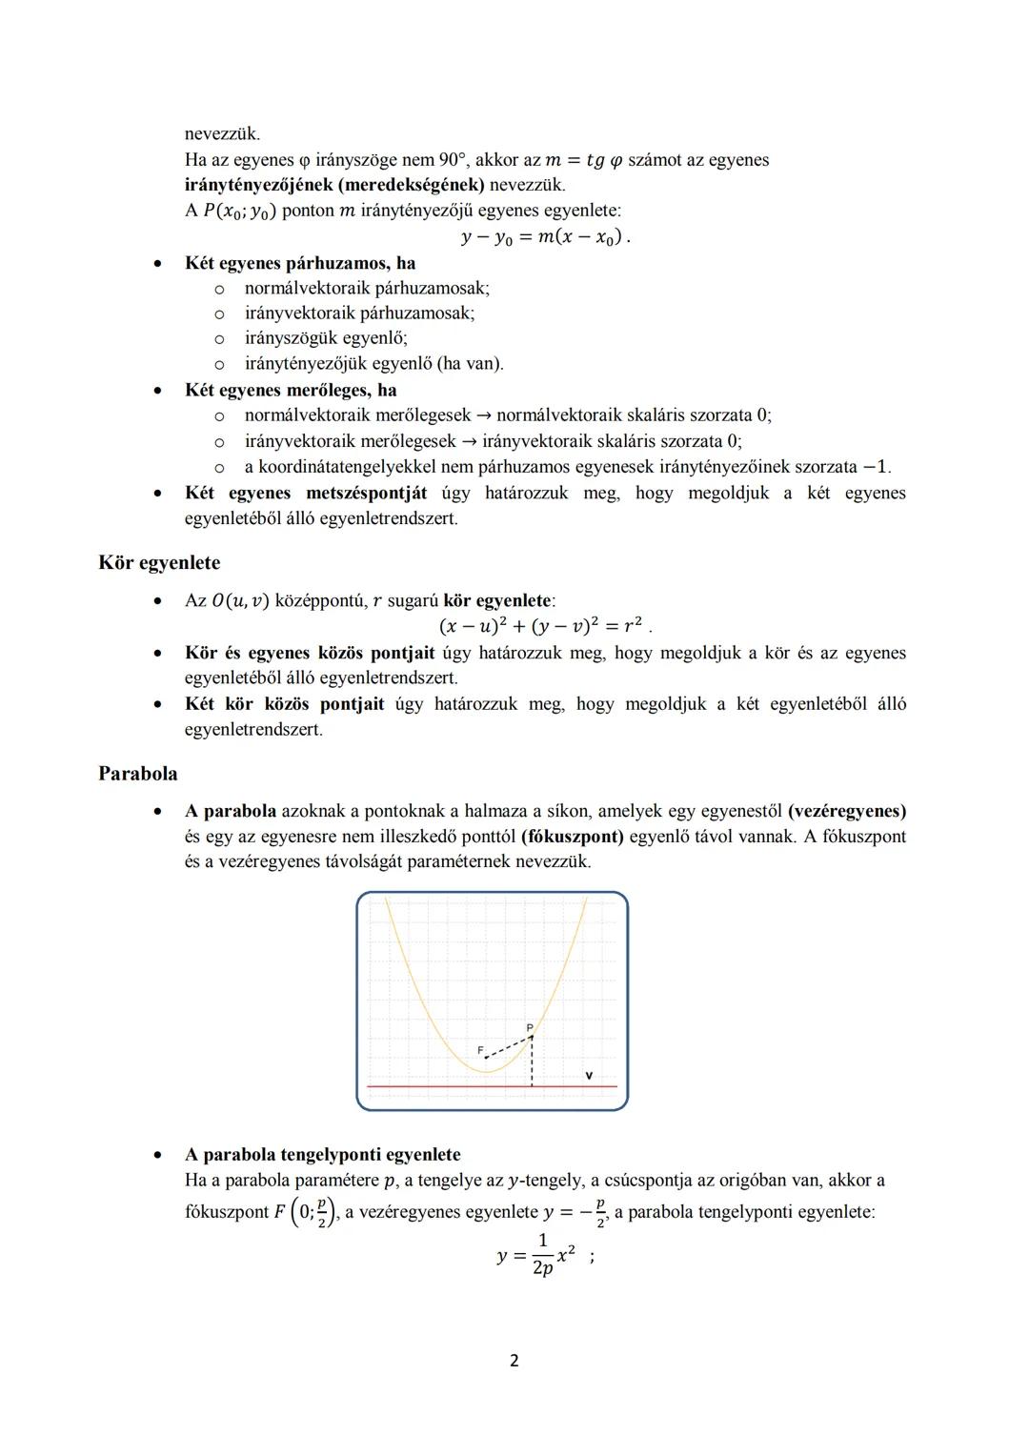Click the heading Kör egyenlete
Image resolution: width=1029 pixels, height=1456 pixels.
pos(159,563)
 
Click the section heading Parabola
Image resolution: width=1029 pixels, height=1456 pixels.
pos(138,774)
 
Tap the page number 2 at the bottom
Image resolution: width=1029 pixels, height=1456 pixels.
pos(514,1361)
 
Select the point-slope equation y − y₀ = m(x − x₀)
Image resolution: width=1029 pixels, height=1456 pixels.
pos(544,236)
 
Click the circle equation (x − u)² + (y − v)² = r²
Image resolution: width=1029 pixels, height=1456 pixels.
pos(543,626)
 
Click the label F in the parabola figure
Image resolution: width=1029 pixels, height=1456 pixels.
pos(481,1050)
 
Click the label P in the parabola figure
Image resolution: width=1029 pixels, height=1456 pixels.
pos(530,1027)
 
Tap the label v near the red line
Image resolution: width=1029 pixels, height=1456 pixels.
pos(589,1075)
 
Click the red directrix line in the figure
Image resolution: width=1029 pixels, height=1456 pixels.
pos(429,1086)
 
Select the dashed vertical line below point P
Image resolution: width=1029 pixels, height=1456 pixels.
pos(532,1062)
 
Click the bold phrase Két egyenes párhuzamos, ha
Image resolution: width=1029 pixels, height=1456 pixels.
pos(300,263)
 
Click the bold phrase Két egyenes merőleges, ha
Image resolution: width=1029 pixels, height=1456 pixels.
pos(291,391)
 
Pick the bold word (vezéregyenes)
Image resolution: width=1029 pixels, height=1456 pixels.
pos(846,812)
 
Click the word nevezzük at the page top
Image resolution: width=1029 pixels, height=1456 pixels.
pos(222,133)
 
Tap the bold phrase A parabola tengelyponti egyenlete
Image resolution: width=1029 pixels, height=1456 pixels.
pos(323,1155)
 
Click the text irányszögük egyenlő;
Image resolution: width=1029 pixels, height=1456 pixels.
pos(326,338)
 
